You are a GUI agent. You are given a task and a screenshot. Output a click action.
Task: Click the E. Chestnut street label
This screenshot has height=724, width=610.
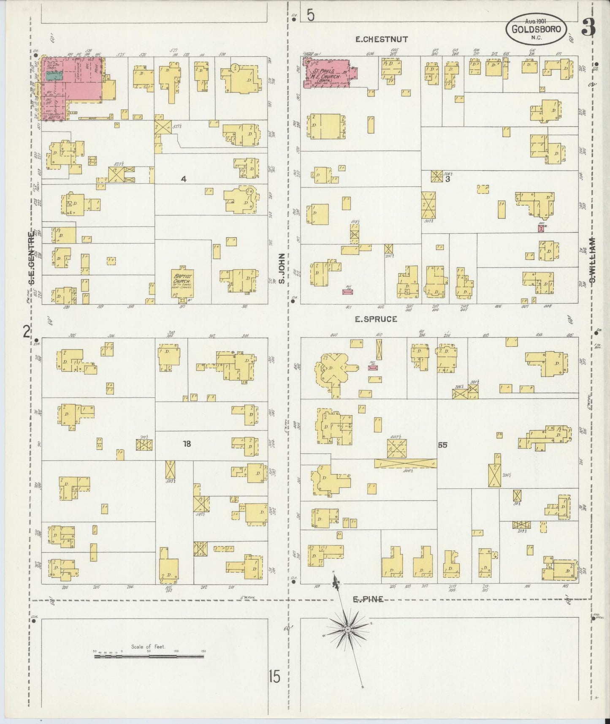[381, 39]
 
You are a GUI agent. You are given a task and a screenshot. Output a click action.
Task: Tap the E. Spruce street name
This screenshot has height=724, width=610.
[376, 319]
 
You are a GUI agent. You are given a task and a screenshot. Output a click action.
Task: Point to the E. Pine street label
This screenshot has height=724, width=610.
[368, 599]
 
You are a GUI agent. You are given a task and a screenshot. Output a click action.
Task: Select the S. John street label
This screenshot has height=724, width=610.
[282, 269]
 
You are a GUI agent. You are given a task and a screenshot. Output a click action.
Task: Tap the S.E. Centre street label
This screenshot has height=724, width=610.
[30, 259]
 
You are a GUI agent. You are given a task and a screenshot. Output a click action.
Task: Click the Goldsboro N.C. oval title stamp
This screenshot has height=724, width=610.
[536, 29]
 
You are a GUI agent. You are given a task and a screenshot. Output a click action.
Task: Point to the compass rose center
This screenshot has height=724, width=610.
[347, 630]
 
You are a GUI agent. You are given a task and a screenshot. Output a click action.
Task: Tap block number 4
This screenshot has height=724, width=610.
[183, 179]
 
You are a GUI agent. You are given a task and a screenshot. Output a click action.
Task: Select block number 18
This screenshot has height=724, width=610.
[187, 444]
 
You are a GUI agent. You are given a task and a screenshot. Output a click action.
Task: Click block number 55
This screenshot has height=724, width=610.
[442, 445]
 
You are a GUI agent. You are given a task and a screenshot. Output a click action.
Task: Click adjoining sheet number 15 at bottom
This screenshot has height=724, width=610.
[274, 677]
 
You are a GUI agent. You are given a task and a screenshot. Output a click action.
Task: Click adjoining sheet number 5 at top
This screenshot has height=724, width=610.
[311, 16]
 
